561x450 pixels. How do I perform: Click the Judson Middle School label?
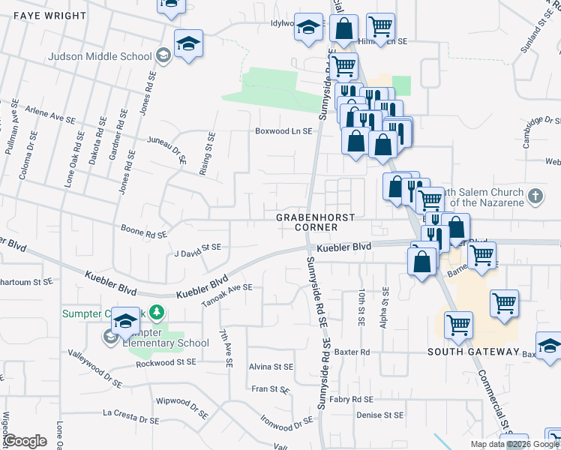point(99,55)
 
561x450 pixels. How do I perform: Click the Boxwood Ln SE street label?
point(283,131)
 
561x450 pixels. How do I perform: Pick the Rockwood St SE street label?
point(166,361)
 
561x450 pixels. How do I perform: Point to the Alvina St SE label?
point(271,367)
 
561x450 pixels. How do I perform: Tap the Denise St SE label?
point(379,415)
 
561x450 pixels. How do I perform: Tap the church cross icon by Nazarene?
point(534,196)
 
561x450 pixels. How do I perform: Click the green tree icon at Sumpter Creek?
point(156,311)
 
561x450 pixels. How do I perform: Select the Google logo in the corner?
point(25,441)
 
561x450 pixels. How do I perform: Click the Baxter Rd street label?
point(353,351)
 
